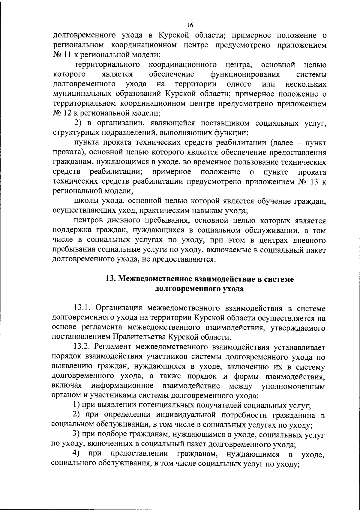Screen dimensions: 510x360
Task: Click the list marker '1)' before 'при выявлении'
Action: coord(77,405)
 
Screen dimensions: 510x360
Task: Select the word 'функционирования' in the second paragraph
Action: coord(245,74)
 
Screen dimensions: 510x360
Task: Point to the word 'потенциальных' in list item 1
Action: coord(166,405)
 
